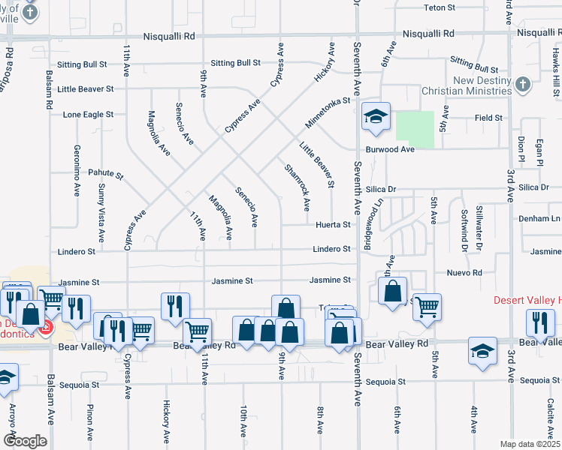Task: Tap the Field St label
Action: [488, 118]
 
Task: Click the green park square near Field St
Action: [415, 129]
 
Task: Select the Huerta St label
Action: [333, 224]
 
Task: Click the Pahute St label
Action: [104, 172]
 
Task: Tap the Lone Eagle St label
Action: [88, 115]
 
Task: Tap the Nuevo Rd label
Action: [467, 272]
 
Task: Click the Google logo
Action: [25, 440]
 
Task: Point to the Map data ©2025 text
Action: [529, 444]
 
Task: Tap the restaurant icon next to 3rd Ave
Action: [540, 323]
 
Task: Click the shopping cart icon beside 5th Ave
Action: [427, 306]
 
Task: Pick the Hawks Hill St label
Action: [557, 75]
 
